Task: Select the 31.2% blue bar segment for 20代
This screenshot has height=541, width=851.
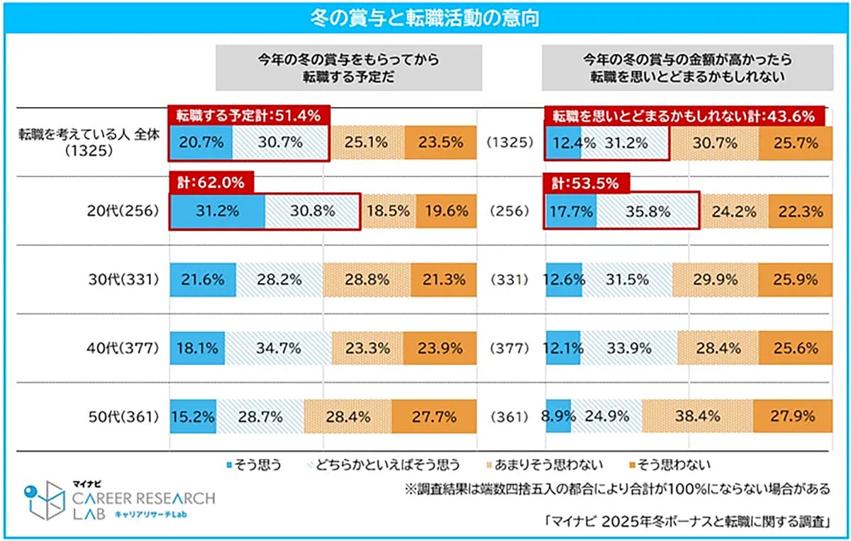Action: (x=217, y=211)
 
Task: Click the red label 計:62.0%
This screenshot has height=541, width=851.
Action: (x=211, y=182)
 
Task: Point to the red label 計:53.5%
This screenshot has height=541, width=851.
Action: (x=586, y=182)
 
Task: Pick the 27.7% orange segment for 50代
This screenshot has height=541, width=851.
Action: (x=434, y=417)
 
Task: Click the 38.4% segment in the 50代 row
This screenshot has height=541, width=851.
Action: (x=697, y=417)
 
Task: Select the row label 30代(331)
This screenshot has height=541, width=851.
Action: (x=125, y=279)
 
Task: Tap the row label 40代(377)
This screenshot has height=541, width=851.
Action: (x=125, y=348)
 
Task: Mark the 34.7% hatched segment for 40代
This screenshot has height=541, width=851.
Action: (x=279, y=348)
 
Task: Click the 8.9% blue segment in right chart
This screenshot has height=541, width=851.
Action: (x=558, y=417)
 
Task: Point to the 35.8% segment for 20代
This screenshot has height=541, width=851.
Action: (x=647, y=211)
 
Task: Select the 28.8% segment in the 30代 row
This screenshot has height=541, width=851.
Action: (x=366, y=279)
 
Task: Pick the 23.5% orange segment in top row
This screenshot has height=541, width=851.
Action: (x=440, y=143)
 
